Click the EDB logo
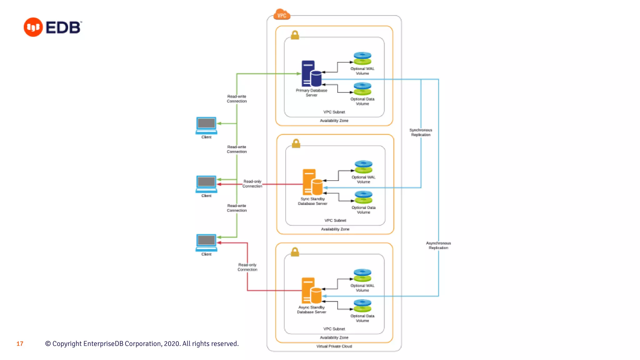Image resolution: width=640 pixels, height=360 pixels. pos(52,27)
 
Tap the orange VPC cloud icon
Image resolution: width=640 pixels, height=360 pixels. pos(282,15)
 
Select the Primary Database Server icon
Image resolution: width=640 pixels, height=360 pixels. pos(311,74)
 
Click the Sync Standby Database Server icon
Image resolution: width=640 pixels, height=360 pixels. pos(312,182)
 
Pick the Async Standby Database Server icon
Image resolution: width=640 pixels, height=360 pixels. pos(311,291)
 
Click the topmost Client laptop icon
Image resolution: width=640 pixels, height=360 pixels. pos(206,125)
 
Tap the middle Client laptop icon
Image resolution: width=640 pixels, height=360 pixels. pos(206,184)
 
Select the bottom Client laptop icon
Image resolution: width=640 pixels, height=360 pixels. pos(206,242)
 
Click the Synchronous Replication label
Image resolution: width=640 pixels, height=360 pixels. pos(421,132)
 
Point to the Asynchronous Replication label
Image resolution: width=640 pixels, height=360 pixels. pos(438,245)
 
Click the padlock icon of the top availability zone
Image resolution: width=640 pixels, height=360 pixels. pos(295,35)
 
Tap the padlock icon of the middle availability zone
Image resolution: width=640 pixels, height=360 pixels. pos(296,143)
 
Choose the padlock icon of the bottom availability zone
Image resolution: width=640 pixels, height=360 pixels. pos(295,252)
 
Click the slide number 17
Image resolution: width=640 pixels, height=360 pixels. pos(20,344)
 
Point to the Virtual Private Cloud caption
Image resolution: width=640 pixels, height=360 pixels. pos(334,346)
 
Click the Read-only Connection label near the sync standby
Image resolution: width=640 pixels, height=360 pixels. pos(252,184)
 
